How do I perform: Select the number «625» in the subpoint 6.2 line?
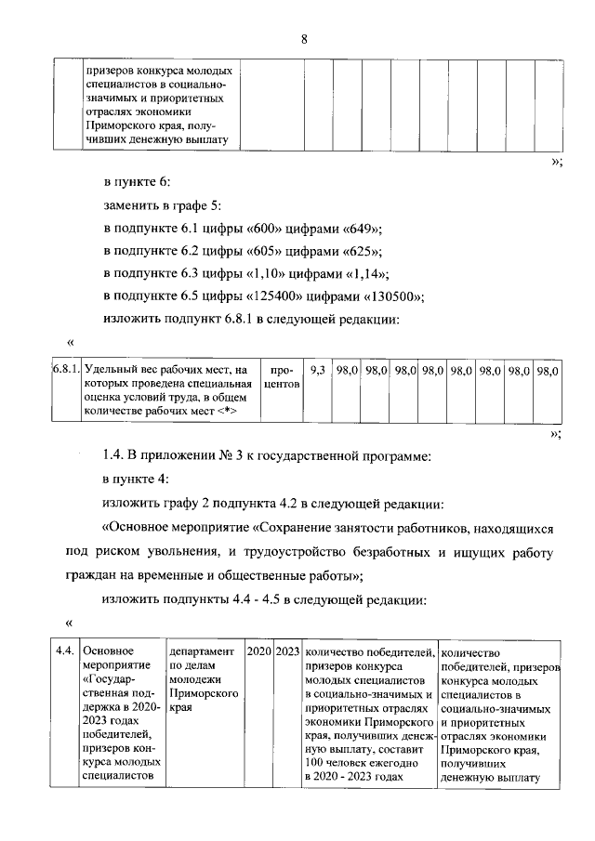(356, 252)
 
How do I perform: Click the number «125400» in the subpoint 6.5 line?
(275, 296)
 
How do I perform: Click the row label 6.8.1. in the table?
(65, 371)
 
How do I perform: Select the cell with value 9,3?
(317, 371)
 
